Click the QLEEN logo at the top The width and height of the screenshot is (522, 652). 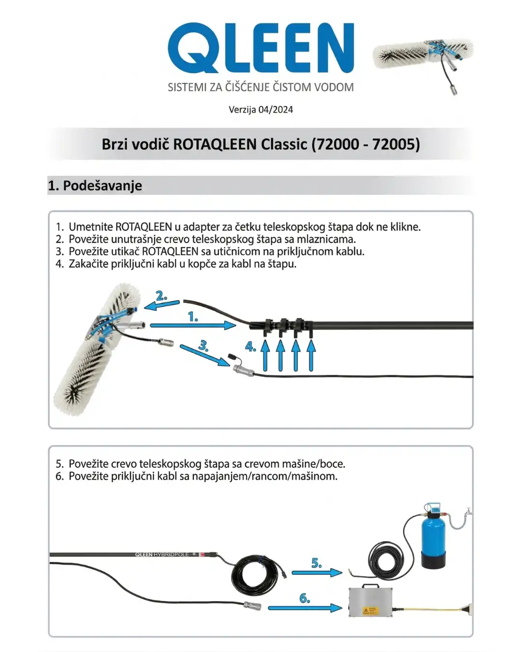(261, 48)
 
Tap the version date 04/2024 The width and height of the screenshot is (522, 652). (275, 110)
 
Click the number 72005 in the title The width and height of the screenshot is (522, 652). (395, 144)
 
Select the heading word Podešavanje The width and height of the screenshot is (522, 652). (102, 185)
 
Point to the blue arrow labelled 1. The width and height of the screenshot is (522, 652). (193, 326)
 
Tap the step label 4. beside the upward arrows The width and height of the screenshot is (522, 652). (250, 346)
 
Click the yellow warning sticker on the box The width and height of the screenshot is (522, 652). (370, 610)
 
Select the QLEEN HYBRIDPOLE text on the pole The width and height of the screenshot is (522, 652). (161, 554)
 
